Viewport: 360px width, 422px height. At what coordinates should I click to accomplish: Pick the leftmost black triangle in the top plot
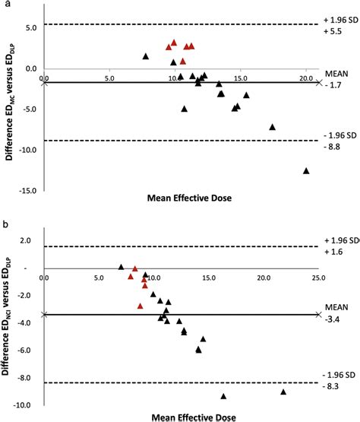coord(146,56)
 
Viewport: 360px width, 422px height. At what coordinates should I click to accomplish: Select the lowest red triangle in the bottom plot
coord(140,306)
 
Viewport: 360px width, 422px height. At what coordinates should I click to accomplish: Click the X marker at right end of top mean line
coord(320,82)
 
